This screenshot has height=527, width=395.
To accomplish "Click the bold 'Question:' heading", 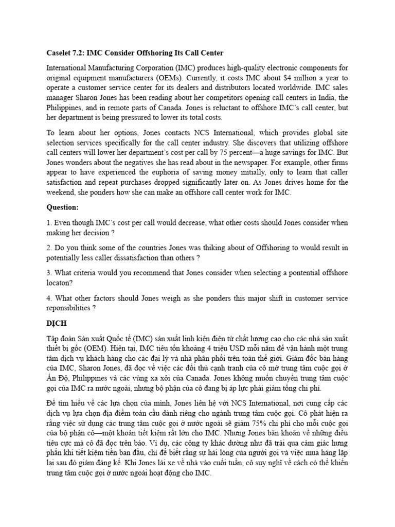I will (x=63, y=207).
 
